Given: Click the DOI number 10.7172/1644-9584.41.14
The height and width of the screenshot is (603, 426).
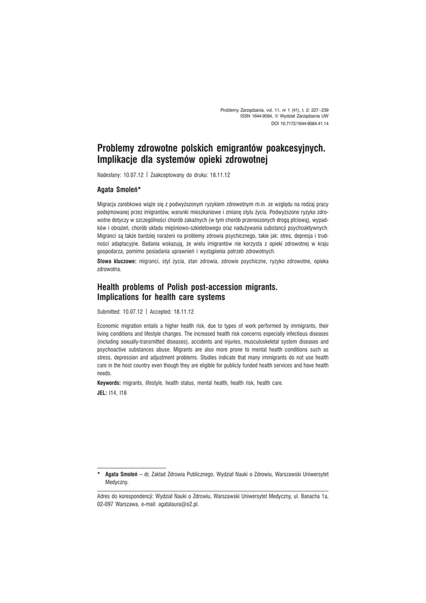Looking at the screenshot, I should coord(307,124).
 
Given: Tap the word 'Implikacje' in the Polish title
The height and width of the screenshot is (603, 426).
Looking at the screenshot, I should coord(119,159).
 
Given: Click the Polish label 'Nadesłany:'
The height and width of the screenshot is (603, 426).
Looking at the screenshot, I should coord(109,175).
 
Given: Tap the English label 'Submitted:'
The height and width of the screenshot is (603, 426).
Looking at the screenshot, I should coord(109,312).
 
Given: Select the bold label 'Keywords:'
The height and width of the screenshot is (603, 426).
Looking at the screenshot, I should coord(109,383).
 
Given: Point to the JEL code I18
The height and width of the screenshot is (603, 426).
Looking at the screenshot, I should coord(122,393).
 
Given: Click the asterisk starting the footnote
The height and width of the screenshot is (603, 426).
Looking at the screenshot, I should coord(99,473).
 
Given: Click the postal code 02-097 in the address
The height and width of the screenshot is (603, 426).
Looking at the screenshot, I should coord(106,505).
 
